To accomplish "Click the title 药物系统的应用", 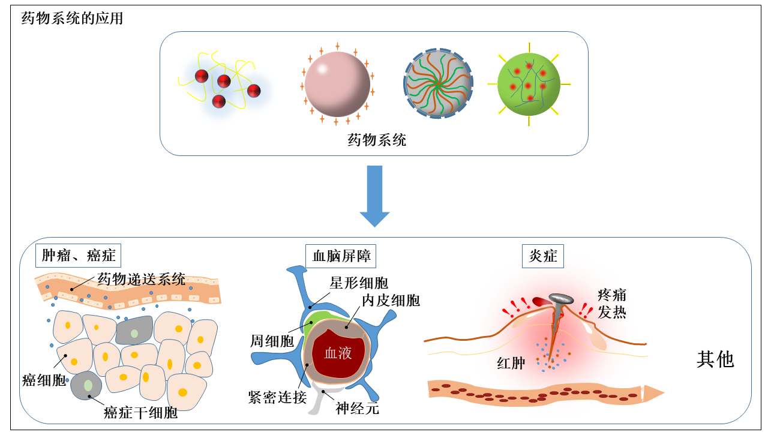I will (x=72, y=19).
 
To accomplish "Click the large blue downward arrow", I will (x=374, y=197).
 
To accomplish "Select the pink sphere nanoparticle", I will (x=337, y=83).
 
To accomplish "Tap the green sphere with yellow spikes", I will (x=529, y=83).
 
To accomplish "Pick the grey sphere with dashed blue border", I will (x=437, y=83).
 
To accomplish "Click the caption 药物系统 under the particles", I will (x=377, y=141).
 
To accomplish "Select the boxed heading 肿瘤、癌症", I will (x=78, y=256).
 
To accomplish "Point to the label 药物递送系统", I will (x=142, y=279).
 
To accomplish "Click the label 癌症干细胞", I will (x=140, y=413).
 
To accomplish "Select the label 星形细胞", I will (x=359, y=283).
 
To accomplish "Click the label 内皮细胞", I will (x=391, y=300).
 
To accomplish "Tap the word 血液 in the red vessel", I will (x=338, y=353).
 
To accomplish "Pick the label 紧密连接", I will (x=277, y=397).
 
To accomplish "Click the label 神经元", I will (x=358, y=409).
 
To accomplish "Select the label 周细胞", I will (x=272, y=341).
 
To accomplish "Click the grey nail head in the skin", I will (x=560, y=298).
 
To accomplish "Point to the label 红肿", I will (x=511, y=363).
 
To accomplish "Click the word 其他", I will (x=715, y=359).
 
